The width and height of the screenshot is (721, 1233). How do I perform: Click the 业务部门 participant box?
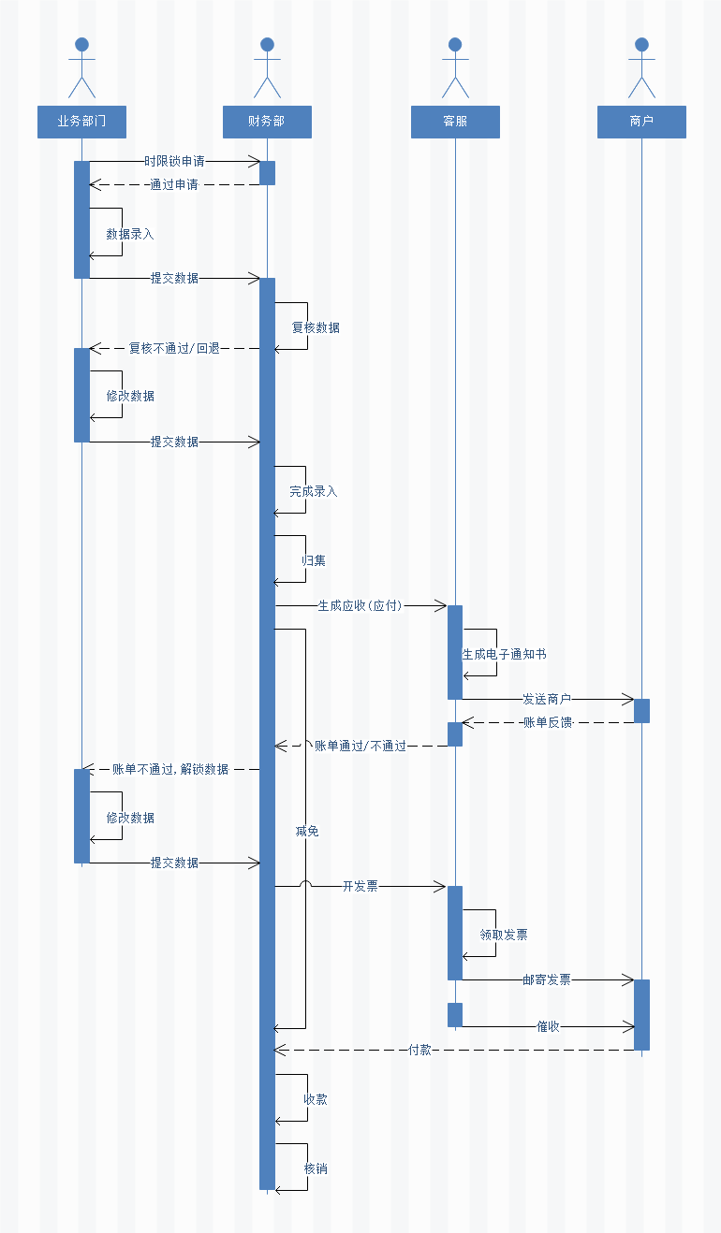click(x=81, y=122)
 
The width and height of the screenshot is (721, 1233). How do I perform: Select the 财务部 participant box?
click(x=267, y=122)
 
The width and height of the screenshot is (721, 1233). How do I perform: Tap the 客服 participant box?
click(x=455, y=122)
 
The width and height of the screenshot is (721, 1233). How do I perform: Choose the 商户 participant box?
click(x=641, y=122)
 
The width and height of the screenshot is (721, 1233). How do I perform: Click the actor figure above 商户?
click(x=641, y=68)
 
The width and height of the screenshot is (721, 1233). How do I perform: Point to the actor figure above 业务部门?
click(x=81, y=68)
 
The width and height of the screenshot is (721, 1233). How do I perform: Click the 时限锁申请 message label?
click(x=174, y=161)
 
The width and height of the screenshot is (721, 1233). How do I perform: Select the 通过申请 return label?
click(x=174, y=184)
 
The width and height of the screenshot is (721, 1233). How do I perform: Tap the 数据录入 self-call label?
click(x=130, y=234)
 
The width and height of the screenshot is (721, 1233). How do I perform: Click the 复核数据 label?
click(x=316, y=327)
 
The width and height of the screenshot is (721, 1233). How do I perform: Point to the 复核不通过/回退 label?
click(x=174, y=348)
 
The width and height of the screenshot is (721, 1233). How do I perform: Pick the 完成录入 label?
click(x=314, y=491)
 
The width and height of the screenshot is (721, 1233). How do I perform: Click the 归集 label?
click(x=314, y=560)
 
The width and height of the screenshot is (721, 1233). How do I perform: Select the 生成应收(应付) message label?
click(x=360, y=605)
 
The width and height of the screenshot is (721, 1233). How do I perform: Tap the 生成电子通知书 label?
click(x=504, y=654)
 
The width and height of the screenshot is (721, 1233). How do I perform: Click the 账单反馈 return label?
click(x=548, y=722)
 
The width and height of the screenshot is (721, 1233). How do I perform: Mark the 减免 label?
click(x=306, y=831)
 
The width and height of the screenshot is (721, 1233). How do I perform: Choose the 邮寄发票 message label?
click(x=547, y=979)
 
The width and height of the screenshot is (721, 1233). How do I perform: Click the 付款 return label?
click(x=420, y=1050)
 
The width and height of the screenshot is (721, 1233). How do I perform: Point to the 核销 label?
click(x=316, y=1168)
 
